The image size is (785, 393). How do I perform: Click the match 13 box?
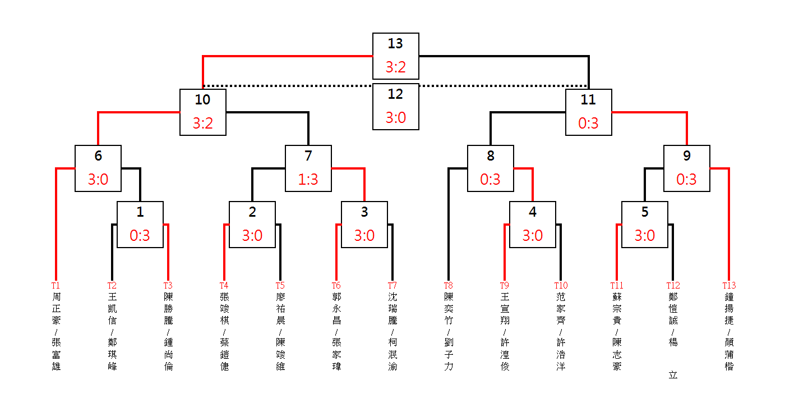pyautogui.click(x=396, y=56)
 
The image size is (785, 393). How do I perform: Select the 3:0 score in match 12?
pyautogui.click(x=396, y=117)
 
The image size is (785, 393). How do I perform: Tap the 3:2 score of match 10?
pyautogui.click(x=203, y=123)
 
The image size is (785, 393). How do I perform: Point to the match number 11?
pyautogui.click(x=588, y=100)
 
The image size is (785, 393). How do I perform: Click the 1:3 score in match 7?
pyautogui.click(x=308, y=179)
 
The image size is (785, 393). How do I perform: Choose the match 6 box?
pyautogui.click(x=98, y=168)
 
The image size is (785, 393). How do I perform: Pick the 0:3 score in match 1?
pyautogui.click(x=140, y=235)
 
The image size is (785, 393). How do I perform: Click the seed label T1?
pyautogui.click(x=56, y=285)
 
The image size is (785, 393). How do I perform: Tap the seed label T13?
pyautogui.click(x=729, y=285)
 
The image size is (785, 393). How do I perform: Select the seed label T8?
pyautogui.click(x=448, y=285)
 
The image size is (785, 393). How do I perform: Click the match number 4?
pyautogui.click(x=533, y=212)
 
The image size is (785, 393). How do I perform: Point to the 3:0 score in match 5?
pyautogui.click(x=644, y=235)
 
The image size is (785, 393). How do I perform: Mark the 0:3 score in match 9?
pyautogui.click(x=686, y=179)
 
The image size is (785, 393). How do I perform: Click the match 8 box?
pyautogui.click(x=491, y=168)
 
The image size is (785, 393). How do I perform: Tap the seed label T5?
pyautogui.click(x=280, y=285)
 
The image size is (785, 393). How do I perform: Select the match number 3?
pyautogui.click(x=364, y=212)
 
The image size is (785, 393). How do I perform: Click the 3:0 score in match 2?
pyautogui.click(x=252, y=235)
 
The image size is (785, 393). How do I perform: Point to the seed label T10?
pyautogui.click(x=561, y=285)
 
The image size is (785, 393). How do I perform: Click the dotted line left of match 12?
pyautogui.click(x=287, y=85)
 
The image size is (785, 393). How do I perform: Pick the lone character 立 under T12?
pyautogui.click(x=673, y=375)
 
